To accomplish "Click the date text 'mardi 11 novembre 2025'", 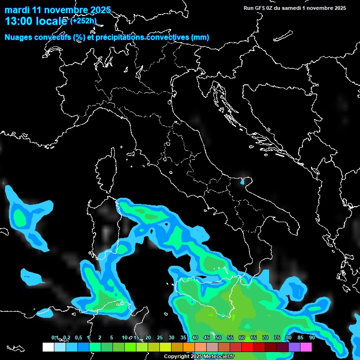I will tap(58, 10).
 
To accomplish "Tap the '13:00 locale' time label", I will tap(36, 21).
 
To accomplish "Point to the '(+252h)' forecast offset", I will tap(83, 21).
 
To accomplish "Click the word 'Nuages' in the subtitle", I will tap(19, 37).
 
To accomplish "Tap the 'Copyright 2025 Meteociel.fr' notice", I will tap(199, 357).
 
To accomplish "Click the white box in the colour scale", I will tap(48, 347).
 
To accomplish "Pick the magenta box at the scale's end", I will tap(306, 347).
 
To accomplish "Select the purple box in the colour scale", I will tap(294, 347).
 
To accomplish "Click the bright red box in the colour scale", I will tap(247, 347).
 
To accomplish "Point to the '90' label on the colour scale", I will tap(312, 337).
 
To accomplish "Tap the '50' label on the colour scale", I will tap(218, 337).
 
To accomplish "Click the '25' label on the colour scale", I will tap(159, 337).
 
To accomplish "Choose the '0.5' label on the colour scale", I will tap(78, 337).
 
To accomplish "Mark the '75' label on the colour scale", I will tap(277, 337).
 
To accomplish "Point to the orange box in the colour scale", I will tap(189, 347).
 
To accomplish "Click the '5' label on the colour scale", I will tap(112, 337).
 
